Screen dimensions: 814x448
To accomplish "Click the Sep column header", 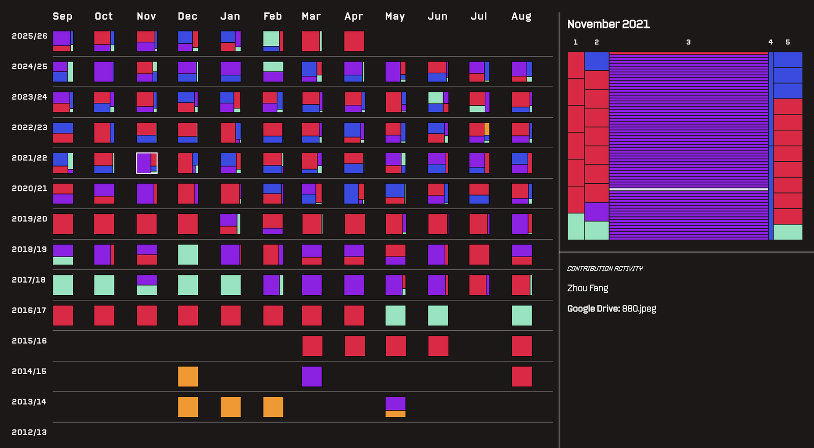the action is (x=63, y=16).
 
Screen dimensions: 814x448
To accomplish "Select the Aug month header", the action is (x=521, y=17).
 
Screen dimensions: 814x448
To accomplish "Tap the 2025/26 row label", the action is (x=30, y=36).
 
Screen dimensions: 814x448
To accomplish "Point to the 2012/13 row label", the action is (x=29, y=432).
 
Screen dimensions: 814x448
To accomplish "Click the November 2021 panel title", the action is (x=608, y=24).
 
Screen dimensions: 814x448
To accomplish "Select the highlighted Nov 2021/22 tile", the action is (x=147, y=163).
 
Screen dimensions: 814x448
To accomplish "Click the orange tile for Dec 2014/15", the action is (x=188, y=376).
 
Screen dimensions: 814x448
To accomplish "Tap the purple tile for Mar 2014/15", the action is (x=312, y=376).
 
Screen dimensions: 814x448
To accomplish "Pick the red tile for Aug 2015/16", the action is (x=522, y=346).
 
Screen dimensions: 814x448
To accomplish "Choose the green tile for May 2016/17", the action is (x=395, y=315).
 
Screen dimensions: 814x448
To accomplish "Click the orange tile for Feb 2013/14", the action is (x=273, y=407).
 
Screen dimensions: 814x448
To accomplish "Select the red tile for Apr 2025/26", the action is (x=354, y=41).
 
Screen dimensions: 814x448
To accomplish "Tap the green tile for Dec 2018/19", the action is (x=188, y=255).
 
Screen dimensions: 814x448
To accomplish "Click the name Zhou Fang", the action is (x=588, y=288).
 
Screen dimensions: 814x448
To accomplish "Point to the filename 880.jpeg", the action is (x=639, y=309).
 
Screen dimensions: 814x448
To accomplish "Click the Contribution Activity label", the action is (x=605, y=268).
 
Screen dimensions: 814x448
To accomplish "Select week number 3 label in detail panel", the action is (x=688, y=42).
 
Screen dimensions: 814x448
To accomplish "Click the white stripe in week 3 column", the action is (x=689, y=189).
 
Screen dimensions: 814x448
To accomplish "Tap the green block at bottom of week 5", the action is (x=788, y=232).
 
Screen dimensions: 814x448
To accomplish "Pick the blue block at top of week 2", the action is (x=597, y=61).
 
